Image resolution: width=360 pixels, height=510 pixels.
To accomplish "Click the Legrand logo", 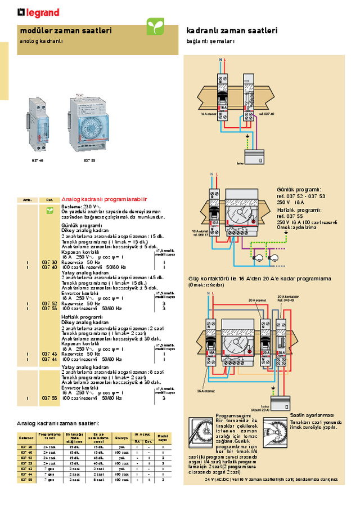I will tap(38, 12).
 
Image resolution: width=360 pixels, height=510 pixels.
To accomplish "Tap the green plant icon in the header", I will tap(155, 26).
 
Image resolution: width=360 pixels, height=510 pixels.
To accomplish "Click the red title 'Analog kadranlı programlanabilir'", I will tap(104, 199).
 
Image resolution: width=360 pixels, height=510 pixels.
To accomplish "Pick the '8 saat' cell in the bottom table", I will tap(98, 480).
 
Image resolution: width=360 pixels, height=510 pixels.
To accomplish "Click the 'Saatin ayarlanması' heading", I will tap(312, 415).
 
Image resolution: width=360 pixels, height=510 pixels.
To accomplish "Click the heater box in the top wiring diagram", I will tap(253, 156).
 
